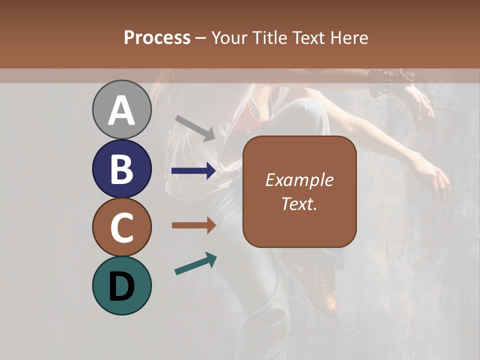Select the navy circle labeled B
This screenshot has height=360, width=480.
121,168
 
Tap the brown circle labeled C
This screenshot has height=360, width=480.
121,227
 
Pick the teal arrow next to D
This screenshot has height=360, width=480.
195,263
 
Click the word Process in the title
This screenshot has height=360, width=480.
157,38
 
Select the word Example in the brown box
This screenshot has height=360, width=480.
299,180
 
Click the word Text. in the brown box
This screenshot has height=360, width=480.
299,203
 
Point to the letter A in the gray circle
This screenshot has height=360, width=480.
121,110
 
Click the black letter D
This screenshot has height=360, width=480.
121,287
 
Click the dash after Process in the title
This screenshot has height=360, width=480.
201,38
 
